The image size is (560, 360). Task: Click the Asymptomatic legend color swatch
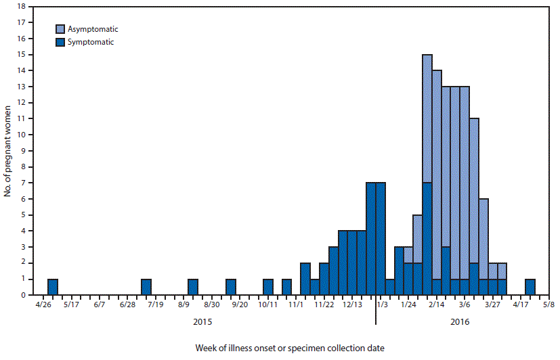pyautogui.click(x=60, y=29)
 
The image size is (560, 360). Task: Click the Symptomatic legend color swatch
pyautogui.click(x=60, y=42)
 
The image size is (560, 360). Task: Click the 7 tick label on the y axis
pyautogui.click(x=24, y=183)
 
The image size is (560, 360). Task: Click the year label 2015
pyautogui.click(x=202, y=323)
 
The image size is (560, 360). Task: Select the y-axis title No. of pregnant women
pyautogui.click(x=7, y=150)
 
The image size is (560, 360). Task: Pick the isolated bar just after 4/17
pyautogui.click(x=530, y=287)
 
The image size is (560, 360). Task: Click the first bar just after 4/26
pyautogui.click(x=53, y=287)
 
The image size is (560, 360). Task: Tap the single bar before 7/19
pyautogui.click(x=146, y=287)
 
